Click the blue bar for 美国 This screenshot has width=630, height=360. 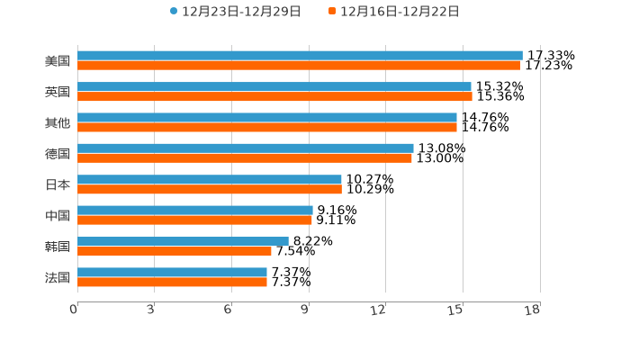[300, 56]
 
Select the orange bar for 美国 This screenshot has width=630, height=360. [299, 66]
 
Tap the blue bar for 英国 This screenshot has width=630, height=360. [274, 86]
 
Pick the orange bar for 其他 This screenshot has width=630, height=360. [267, 127]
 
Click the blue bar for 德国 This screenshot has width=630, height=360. [246, 148]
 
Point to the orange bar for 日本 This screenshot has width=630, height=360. [210, 189]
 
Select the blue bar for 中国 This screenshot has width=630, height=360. [195, 210]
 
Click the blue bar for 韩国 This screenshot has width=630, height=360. [183, 241]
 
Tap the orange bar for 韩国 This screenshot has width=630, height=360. [175, 251]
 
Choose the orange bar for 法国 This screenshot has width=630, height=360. [172, 282]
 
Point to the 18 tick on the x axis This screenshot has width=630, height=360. [533, 310]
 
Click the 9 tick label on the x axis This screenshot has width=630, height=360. [306, 310]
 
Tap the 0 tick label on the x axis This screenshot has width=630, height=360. [74, 310]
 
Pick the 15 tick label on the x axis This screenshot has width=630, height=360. [456, 310]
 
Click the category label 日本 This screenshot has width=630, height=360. [58, 184]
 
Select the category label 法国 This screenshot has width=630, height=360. [58, 277]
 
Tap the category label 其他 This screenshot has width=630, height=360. [58, 122]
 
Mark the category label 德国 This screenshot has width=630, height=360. [58, 153]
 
